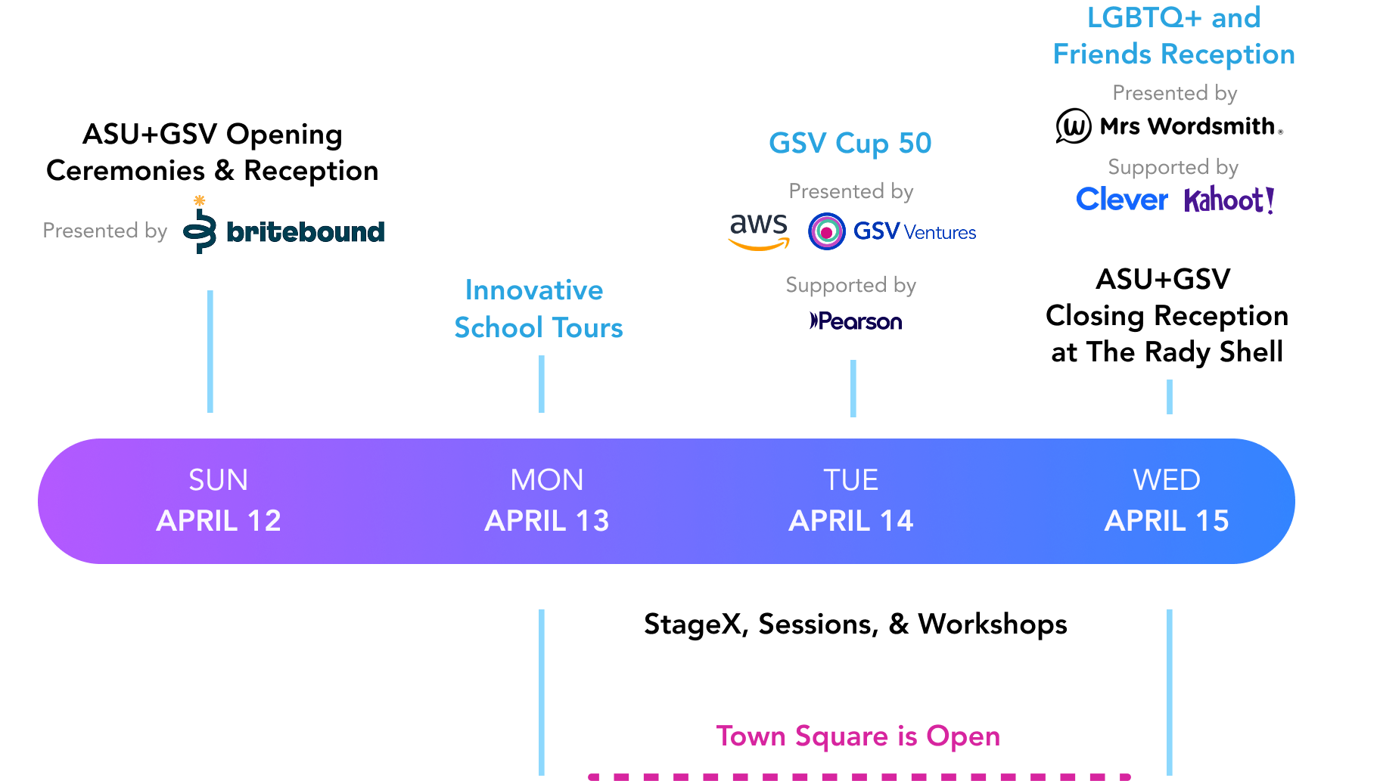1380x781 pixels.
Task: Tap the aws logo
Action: (759, 231)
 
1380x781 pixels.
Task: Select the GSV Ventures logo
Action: (893, 231)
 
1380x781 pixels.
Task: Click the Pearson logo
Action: (856, 321)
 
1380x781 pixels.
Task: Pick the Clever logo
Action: (1122, 200)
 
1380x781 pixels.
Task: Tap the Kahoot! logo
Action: (1229, 200)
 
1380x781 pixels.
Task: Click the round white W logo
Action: (1074, 126)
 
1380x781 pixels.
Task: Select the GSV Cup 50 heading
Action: (850, 143)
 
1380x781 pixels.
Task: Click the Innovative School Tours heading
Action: (537, 308)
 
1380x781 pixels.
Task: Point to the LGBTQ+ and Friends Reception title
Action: (1173, 36)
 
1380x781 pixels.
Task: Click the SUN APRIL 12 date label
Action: (219, 501)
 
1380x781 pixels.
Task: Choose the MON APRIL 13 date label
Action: (547, 501)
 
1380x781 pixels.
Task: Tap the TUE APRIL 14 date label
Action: (851, 501)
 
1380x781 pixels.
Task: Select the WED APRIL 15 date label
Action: (1167, 501)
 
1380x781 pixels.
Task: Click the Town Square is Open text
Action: (858, 736)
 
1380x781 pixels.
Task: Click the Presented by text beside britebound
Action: (104, 231)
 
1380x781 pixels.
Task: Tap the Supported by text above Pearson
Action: (850, 285)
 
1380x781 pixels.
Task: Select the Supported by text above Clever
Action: (1173, 167)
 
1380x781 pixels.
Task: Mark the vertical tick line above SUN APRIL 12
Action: (210, 352)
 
